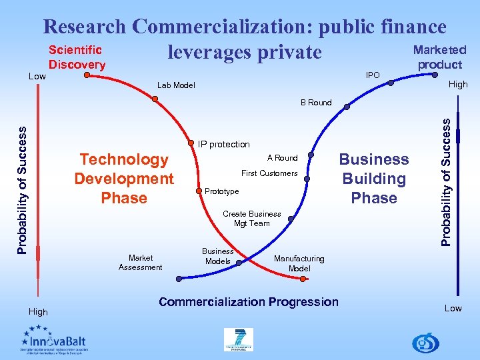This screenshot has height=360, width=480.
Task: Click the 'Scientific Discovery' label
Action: [x=77, y=57]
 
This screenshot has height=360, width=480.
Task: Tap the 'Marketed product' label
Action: [x=439, y=57]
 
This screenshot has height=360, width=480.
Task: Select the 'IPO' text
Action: [x=373, y=75]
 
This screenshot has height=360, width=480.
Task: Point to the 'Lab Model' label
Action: [x=176, y=85]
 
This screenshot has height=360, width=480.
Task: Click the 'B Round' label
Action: [x=315, y=103]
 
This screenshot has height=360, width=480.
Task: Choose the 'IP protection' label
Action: [x=224, y=144]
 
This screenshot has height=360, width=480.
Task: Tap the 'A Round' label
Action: [x=282, y=158]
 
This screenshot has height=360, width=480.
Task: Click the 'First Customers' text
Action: [x=269, y=173]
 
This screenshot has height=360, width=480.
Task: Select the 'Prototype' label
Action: [x=221, y=191]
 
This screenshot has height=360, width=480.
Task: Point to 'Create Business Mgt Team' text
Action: [x=251, y=219]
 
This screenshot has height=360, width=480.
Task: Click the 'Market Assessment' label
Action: [x=140, y=263]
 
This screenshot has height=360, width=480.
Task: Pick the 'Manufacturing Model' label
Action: [x=299, y=263]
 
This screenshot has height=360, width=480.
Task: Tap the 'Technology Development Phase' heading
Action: [x=124, y=179]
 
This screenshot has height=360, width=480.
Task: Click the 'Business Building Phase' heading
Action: [x=374, y=179]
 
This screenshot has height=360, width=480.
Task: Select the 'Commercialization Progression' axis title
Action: [x=249, y=302]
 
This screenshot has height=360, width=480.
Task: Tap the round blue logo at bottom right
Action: [x=425, y=343]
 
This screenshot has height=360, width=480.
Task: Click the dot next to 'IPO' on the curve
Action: [x=391, y=83]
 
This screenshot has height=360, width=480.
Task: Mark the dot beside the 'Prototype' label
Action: [x=198, y=191]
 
